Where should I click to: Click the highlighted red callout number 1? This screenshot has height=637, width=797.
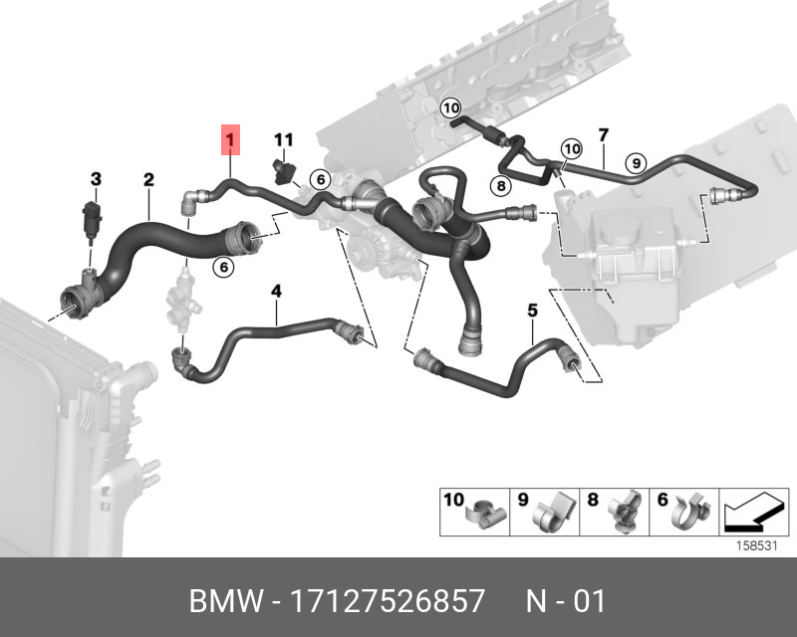[230, 139]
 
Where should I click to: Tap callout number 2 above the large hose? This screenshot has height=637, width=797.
[148, 180]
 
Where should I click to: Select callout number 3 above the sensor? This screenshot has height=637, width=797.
[96, 179]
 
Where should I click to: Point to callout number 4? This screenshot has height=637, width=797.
[276, 291]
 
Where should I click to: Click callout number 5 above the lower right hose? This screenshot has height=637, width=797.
[532, 310]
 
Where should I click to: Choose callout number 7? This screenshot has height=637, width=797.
[604, 135]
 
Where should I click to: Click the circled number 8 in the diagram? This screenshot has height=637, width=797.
[501, 186]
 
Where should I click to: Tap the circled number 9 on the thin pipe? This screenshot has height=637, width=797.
[636, 163]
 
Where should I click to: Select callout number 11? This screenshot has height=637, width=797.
[284, 139]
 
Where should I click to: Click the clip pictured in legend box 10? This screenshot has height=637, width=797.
[487, 514]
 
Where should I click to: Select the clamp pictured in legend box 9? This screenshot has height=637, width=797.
[553, 512]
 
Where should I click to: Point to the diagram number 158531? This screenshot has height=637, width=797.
[756, 546]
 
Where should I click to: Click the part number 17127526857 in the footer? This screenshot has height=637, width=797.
[387, 601]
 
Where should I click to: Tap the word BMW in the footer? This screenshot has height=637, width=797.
[226, 601]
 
